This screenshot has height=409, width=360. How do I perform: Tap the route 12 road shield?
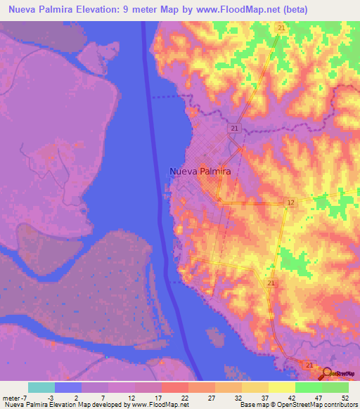click(290, 202)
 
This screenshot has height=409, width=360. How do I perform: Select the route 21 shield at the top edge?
click(281, 27)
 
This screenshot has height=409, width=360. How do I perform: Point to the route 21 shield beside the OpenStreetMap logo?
click(309, 365)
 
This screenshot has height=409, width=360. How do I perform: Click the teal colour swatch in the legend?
click(41, 387)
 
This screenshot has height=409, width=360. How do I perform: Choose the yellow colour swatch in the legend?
click(281, 387)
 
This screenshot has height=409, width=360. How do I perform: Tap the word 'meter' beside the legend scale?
click(12, 398)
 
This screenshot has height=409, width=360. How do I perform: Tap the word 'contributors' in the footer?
click(337, 405)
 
